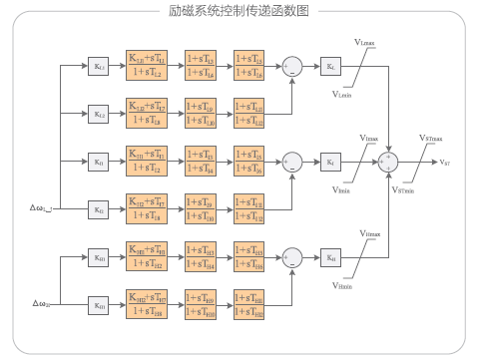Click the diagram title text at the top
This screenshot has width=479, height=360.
(239, 11)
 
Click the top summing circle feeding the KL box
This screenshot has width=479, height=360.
(292, 66)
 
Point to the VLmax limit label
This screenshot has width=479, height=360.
(366, 42)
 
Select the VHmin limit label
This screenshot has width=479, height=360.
(343, 284)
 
